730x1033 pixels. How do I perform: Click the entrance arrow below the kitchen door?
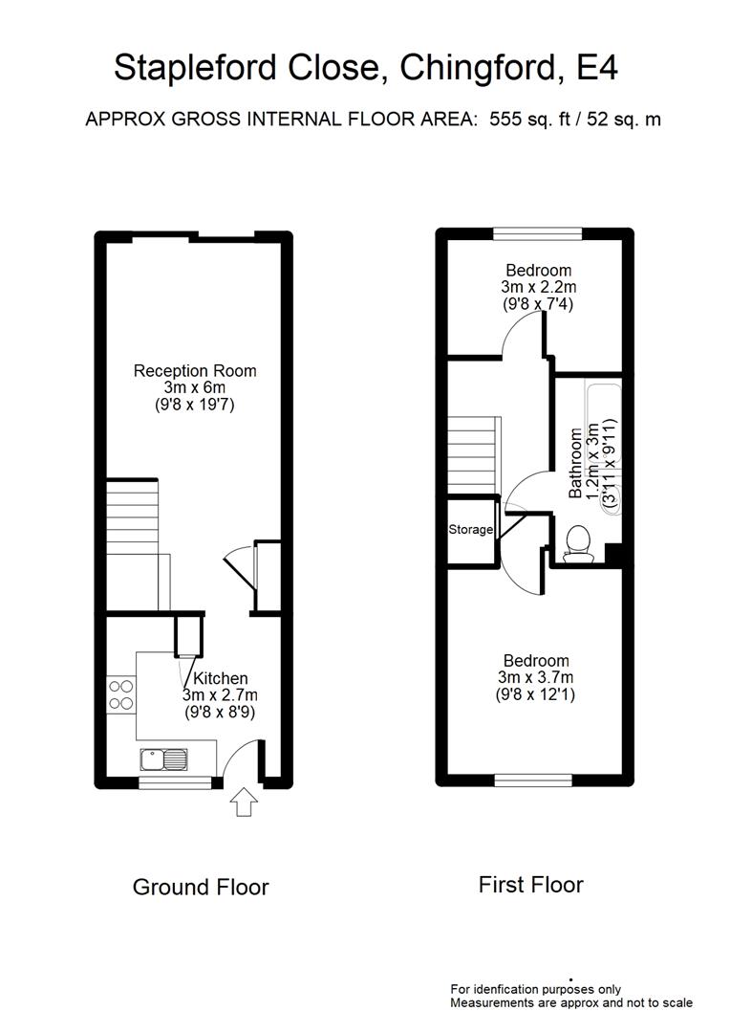pos(243,802)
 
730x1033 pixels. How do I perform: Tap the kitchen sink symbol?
pos(163,759)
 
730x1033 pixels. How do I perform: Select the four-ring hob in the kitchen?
pos(121,693)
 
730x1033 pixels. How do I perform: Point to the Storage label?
pos(471,529)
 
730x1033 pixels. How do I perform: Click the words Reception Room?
pos(195,371)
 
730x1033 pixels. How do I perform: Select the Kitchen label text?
pos(221,679)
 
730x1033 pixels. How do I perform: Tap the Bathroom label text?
pos(576,464)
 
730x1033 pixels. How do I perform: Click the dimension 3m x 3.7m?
pos(536,677)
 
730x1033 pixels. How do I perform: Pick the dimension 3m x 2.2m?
pos(538,287)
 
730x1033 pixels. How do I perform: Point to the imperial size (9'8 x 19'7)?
pos(195,405)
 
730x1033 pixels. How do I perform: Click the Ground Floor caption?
pos(201,888)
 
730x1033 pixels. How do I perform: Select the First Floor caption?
pos(530,885)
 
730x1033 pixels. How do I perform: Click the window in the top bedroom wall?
pos(538,232)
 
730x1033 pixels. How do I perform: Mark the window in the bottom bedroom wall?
pos(532,780)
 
